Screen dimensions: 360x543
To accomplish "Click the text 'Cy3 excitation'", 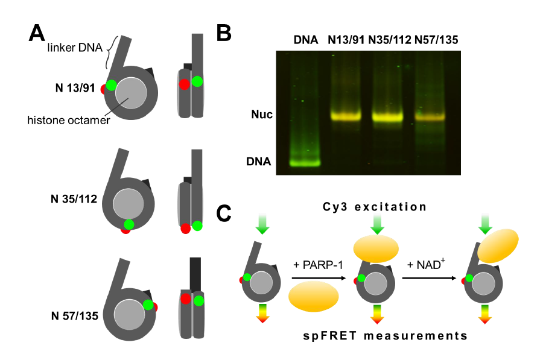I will coord(375,207).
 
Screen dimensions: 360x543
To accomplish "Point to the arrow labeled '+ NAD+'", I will coord(429,278).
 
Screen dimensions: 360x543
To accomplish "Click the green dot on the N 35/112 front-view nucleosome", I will coord(127,225).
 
